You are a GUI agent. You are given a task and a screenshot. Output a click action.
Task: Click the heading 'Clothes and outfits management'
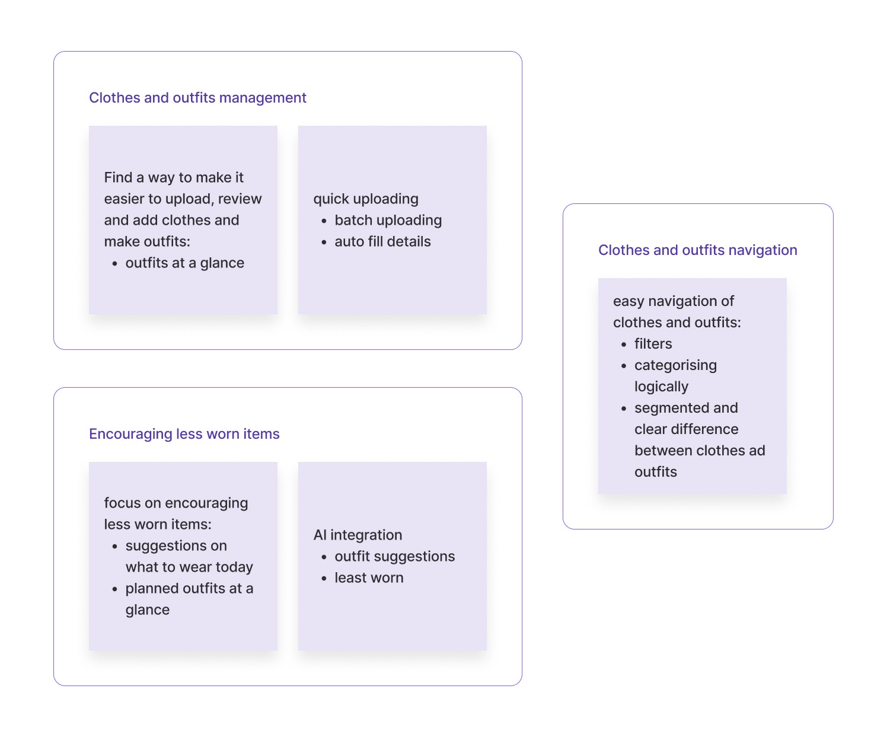(197, 98)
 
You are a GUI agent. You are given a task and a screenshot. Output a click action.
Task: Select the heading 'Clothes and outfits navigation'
(697, 250)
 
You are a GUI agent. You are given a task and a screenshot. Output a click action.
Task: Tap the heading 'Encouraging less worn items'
(184, 434)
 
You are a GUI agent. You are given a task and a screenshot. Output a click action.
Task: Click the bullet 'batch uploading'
(388, 221)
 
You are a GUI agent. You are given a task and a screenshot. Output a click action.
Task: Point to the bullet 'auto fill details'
(382, 242)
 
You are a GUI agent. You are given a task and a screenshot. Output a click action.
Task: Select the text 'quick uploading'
(366, 199)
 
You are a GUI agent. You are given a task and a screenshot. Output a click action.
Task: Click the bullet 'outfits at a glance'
(184, 263)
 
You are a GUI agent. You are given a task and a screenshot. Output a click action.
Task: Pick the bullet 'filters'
(653, 344)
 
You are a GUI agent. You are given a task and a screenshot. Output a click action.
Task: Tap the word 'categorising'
(675, 365)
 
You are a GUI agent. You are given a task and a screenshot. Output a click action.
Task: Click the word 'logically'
(661, 387)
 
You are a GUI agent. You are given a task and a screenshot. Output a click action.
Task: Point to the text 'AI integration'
(358, 535)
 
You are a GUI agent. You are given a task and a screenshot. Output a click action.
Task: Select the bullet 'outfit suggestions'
(394, 557)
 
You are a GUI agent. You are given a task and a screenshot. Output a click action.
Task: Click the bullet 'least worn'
(369, 578)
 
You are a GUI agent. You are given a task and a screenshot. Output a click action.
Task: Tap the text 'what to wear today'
(189, 567)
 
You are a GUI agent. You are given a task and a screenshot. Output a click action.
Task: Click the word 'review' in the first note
(240, 199)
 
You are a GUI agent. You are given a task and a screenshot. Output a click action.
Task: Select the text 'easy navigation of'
(674, 301)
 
